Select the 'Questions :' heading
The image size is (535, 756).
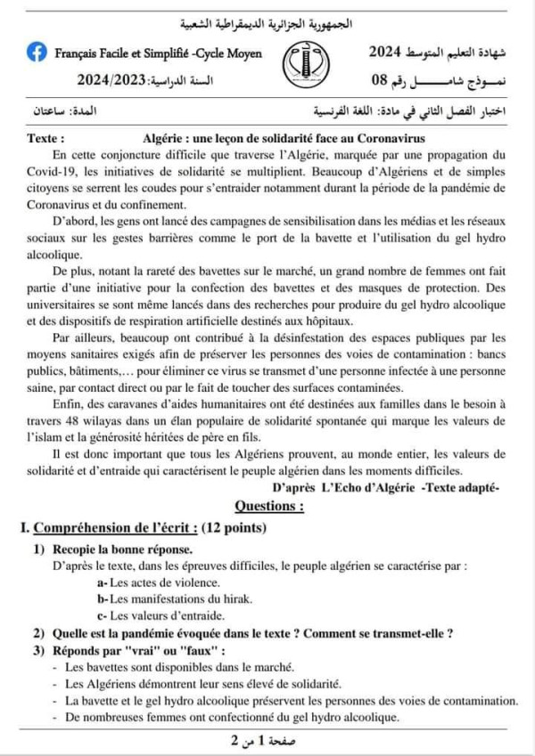[x=268, y=506]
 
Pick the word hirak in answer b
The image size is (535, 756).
[x=235, y=597]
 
